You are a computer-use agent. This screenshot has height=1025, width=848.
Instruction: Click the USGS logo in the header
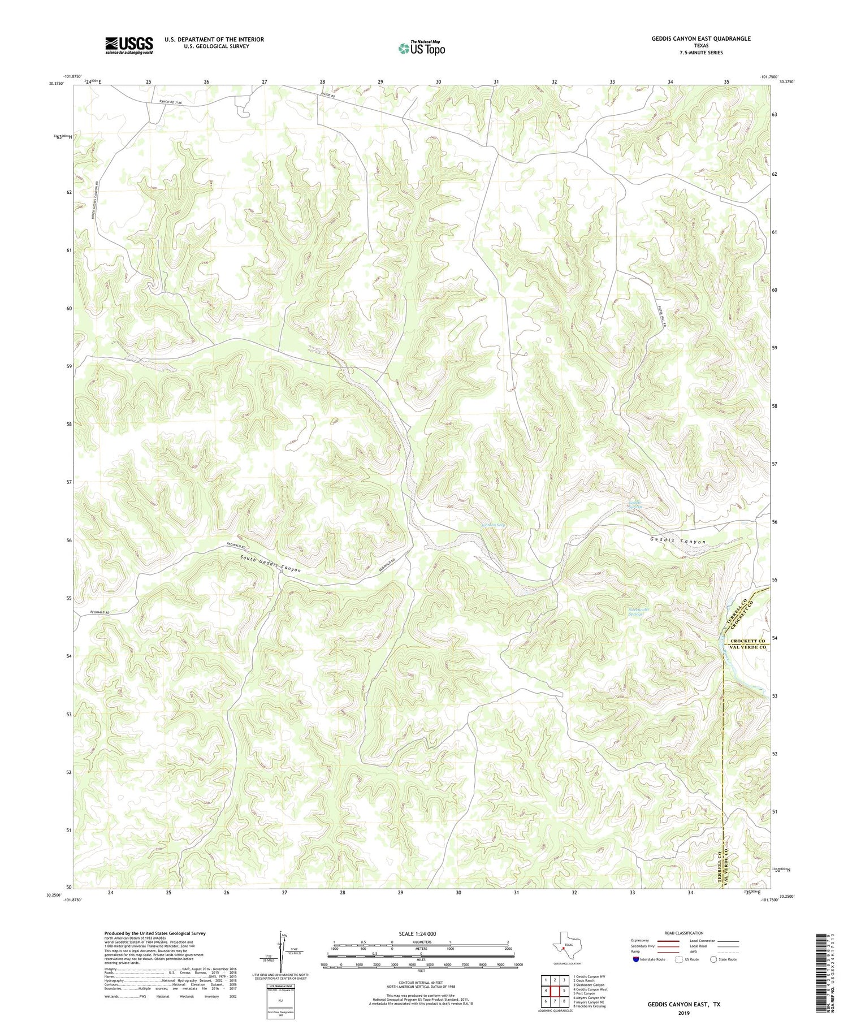click(x=129, y=45)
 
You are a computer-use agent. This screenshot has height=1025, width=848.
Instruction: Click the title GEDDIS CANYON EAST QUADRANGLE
click(x=700, y=38)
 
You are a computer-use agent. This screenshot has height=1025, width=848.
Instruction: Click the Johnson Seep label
click(x=492, y=525)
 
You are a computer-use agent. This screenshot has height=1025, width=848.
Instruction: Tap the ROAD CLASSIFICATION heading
click(x=683, y=933)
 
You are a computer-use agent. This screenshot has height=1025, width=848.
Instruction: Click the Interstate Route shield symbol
click(x=635, y=959)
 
